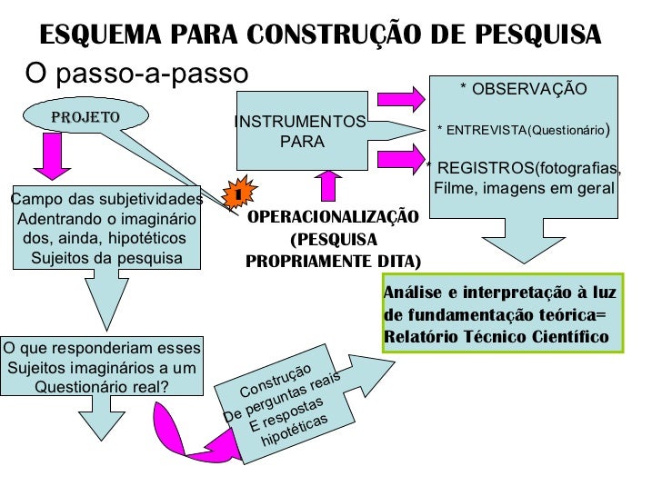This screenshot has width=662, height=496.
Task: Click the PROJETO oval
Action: coord(85,116)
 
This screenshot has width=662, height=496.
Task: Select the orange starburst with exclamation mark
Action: coord(236,193)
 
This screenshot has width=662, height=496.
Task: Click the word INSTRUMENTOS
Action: coord(300,122)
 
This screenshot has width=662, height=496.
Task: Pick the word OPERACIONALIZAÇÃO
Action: coord(333,217)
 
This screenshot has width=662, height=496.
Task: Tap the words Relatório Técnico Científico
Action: coord(496,336)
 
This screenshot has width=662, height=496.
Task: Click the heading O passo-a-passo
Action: coord(136,71)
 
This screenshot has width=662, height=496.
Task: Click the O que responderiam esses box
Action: coord(102,367)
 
